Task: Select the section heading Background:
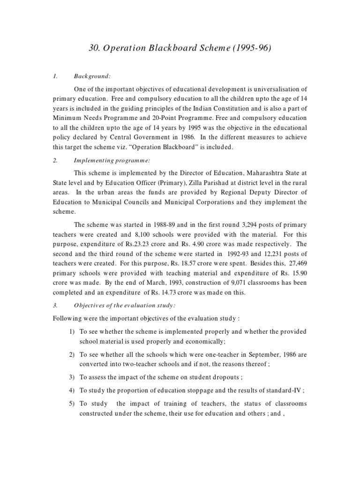point(92,76)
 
